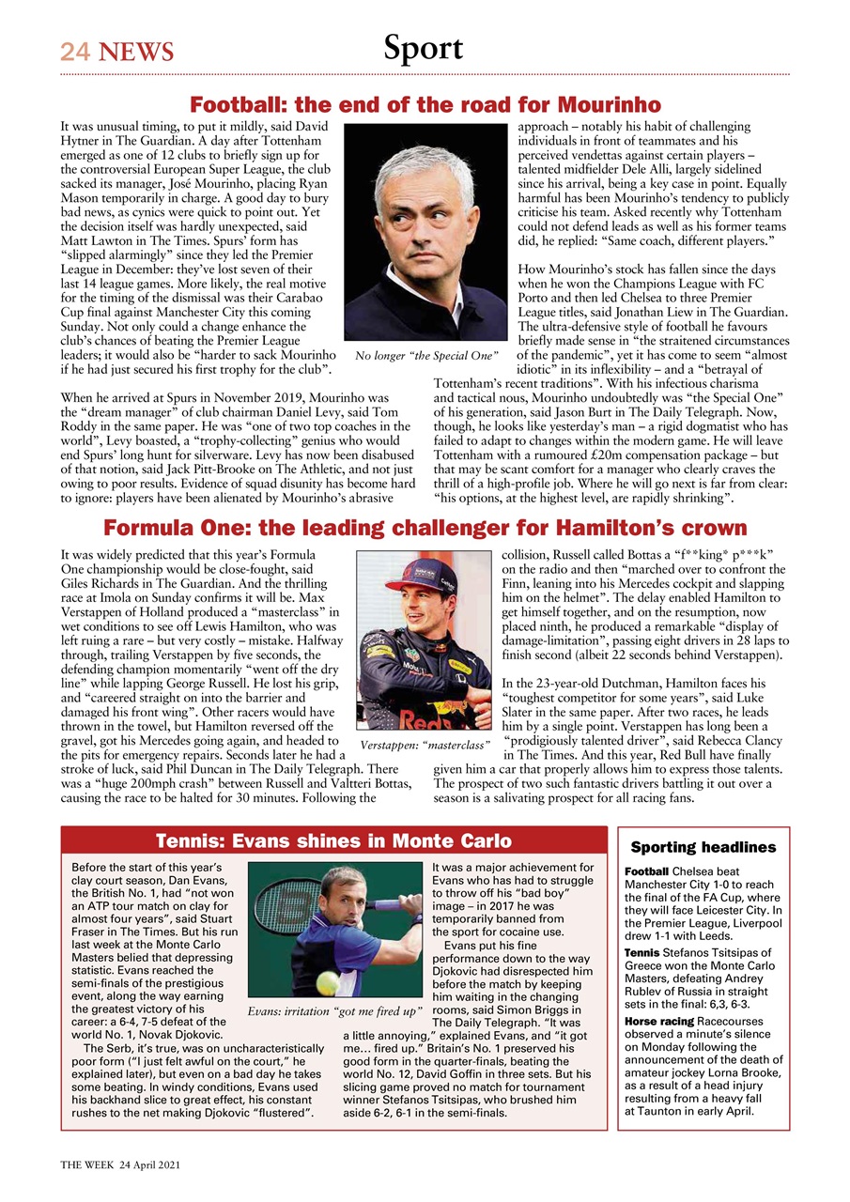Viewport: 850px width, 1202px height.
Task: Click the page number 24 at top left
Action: pos(74,52)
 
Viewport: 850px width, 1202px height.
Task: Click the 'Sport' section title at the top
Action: pos(423,48)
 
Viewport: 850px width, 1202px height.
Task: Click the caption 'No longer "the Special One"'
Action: pos(425,356)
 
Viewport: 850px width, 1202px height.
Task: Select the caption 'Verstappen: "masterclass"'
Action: pos(425,746)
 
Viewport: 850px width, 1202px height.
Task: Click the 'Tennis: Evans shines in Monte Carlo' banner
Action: pos(333,840)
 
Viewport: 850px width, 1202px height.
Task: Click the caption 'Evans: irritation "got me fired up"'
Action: pos(334,1011)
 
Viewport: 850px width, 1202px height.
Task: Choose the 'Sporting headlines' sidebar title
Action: pos(703,847)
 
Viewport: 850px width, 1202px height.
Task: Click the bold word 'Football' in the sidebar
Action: pos(646,871)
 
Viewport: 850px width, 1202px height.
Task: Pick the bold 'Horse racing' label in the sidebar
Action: pos(659,1021)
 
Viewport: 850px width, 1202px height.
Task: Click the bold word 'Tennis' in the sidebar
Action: pos(643,952)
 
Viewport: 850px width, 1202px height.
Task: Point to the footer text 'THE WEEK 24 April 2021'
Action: pos(119,1163)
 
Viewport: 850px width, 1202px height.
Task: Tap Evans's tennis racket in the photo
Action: pos(394,903)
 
